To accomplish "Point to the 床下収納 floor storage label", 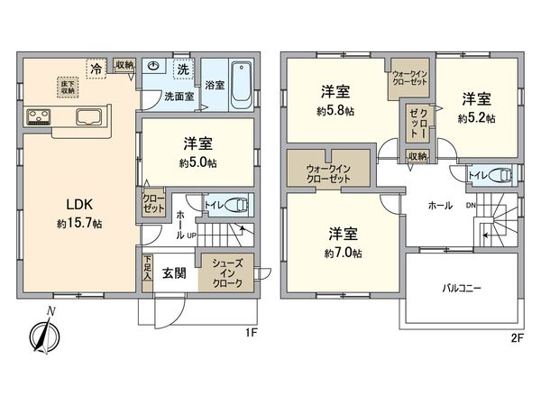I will [69, 85].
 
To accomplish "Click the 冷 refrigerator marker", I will [95, 67].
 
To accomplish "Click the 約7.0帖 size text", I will [343, 254].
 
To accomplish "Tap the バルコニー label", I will [461, 289].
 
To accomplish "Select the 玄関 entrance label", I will [174, 272].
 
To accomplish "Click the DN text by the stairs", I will [469, 205].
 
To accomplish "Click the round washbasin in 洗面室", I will [154, 67].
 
